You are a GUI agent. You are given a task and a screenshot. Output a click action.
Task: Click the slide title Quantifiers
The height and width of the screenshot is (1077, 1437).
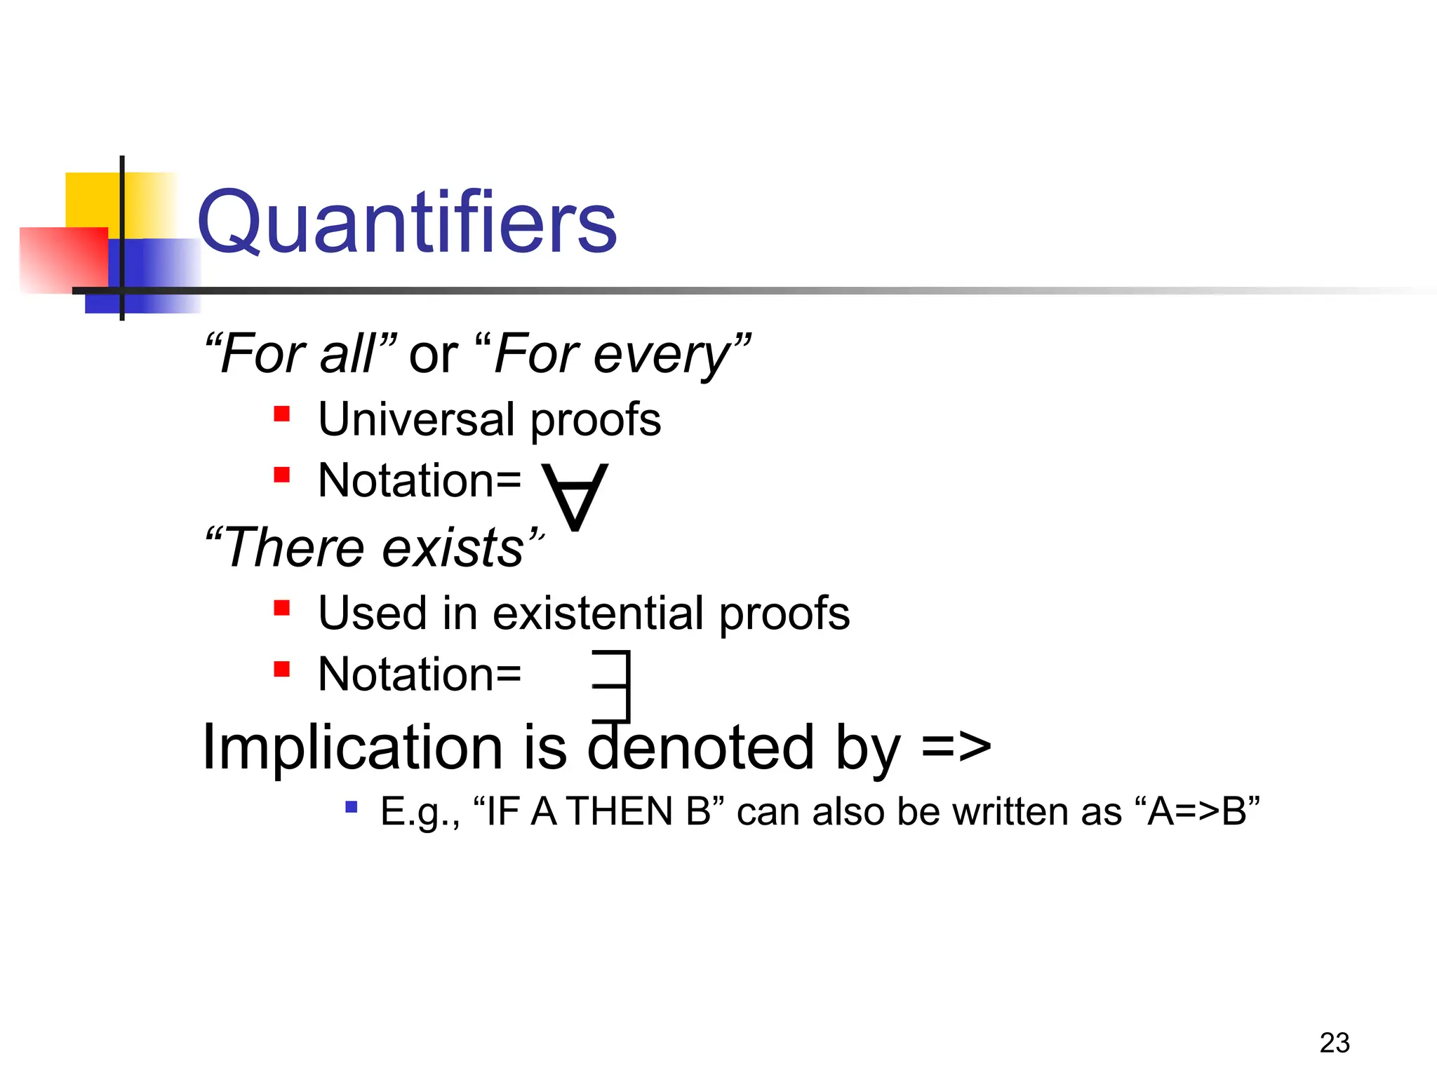[x=407, y=223]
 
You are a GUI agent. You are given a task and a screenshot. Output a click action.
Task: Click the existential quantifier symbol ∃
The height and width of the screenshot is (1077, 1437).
[x=613, y=686]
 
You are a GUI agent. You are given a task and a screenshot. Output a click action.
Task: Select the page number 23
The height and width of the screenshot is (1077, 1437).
[x=1334, y=1043]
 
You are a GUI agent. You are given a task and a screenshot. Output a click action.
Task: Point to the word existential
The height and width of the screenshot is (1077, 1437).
[x=599, y=613]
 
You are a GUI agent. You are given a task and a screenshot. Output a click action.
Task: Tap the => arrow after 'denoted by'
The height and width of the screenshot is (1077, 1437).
[x=956, y=747]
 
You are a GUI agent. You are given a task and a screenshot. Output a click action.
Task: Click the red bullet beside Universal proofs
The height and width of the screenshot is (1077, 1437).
[x=282, y=414]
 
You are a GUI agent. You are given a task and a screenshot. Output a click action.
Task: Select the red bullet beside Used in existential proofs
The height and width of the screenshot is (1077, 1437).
[x=282, y=607]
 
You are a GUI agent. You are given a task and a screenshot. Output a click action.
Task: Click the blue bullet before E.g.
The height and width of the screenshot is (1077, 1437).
[x=352, y=807]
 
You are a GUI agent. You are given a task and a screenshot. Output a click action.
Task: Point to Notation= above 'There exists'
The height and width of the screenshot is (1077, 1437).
[x=420, y=481]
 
